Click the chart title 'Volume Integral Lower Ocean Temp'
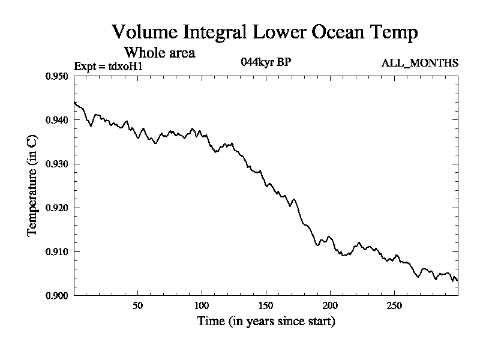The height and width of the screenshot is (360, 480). click(264, 32)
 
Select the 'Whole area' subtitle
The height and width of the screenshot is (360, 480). click(159, 53)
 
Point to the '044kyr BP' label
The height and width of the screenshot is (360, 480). click(266, 62)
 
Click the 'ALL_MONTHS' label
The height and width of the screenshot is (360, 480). click(420, 63)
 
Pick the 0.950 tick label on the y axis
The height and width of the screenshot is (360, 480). click(58, 76)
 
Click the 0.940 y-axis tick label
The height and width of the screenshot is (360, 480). click(58, 120)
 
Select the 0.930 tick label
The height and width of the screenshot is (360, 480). click(58, 164)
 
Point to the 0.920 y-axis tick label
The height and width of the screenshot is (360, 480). click(58, 208)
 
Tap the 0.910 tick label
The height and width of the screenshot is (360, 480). click(58, 251)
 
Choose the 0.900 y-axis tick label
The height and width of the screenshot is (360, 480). click(58, 295)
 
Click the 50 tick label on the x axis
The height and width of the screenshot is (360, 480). click(137, 305)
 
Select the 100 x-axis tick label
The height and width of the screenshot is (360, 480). click(202, 305)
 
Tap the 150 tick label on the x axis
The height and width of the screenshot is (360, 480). click(266, 305)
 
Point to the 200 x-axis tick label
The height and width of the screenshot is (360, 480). click(330, 305)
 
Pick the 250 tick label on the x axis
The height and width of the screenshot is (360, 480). click(394, 305)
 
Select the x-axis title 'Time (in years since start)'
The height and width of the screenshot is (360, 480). click(266, 322)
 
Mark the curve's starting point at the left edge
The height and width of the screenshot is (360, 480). click(74, 102)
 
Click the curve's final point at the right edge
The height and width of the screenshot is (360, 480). click(458, 280)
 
